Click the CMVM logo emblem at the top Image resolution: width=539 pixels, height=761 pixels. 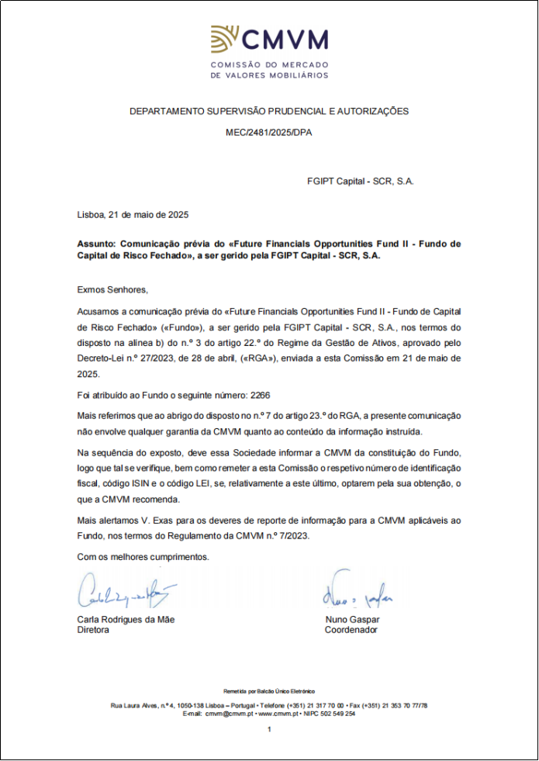226,39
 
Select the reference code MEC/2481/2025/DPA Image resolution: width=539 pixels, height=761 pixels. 269,133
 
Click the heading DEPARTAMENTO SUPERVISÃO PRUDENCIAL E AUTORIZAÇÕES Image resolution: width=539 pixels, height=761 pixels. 269,112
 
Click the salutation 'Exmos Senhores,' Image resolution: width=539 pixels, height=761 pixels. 112,289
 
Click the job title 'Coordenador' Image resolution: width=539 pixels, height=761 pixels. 351,630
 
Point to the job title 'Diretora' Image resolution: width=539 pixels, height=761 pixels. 93,630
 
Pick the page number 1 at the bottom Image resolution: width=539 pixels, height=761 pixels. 269,730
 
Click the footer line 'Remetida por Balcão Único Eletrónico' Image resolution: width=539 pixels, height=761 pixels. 269,690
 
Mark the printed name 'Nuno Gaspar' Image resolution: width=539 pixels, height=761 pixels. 353,620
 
